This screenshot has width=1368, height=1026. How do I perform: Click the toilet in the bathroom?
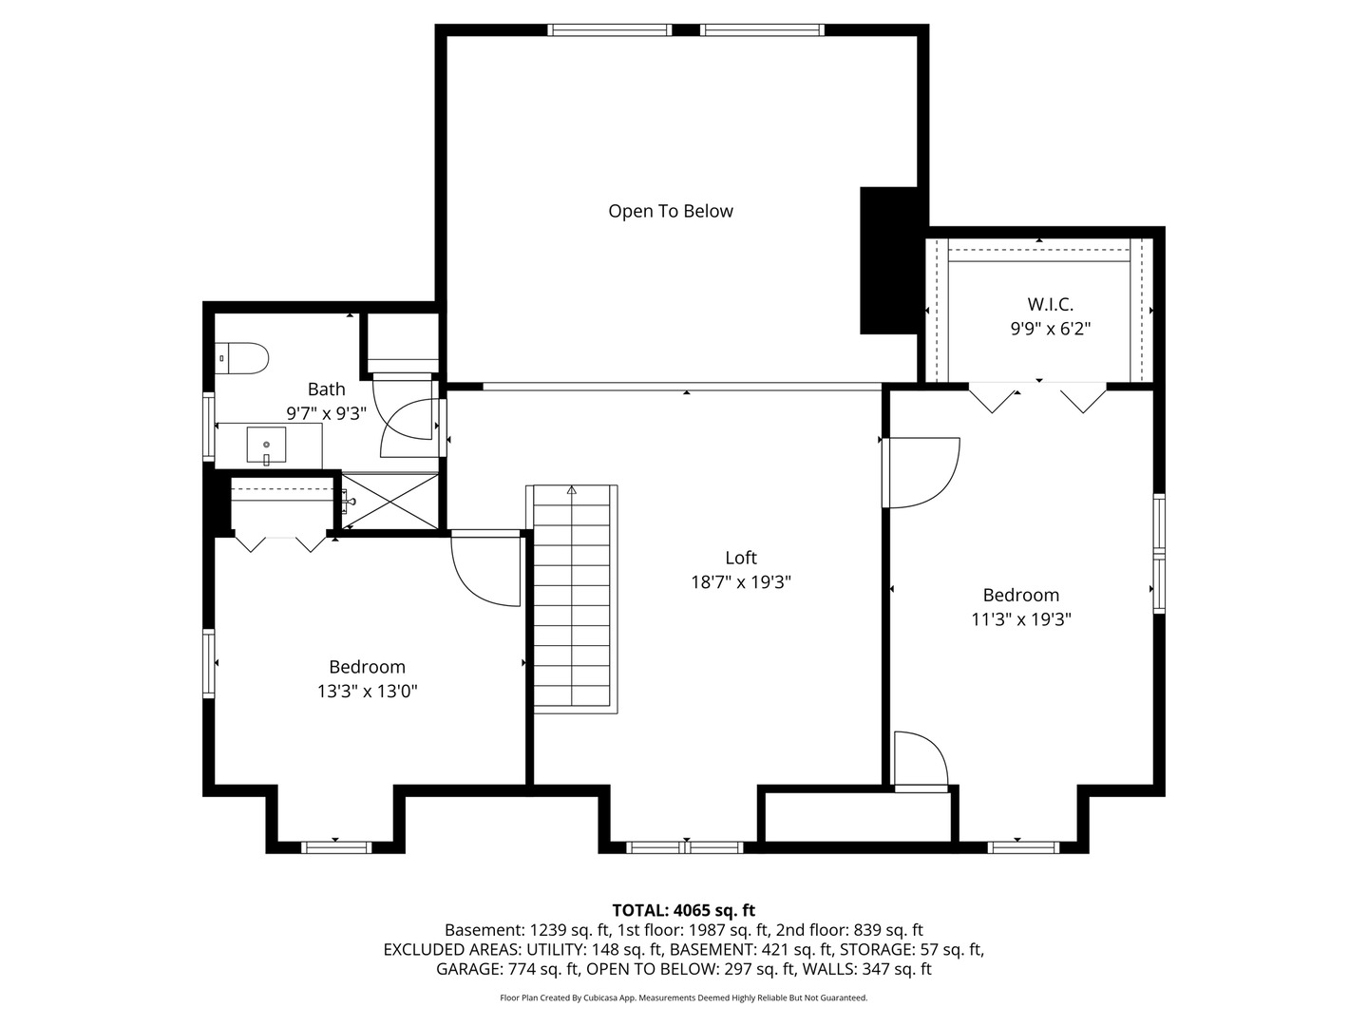242,359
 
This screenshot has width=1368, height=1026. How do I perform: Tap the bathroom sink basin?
266,446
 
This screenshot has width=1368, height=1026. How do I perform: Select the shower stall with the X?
390,502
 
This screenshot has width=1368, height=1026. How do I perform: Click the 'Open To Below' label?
671,211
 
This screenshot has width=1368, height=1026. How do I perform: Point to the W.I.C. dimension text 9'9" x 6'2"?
1051,329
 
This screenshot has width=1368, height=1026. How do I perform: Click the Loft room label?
741,557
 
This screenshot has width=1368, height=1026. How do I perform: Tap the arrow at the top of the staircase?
572,490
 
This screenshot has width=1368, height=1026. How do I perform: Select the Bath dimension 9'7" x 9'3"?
326,413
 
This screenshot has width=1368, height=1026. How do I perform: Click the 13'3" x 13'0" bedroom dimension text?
367,691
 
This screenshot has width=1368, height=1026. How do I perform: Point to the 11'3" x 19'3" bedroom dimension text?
1021,619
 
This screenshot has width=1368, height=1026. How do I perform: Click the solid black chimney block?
889,260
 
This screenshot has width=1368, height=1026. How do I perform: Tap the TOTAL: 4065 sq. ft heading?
684,910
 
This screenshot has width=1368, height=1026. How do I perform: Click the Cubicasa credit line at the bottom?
684,997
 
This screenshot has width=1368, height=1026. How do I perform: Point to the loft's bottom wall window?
685,847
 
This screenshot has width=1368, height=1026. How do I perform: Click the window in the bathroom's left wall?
209,427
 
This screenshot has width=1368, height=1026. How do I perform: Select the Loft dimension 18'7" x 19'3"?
741,581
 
